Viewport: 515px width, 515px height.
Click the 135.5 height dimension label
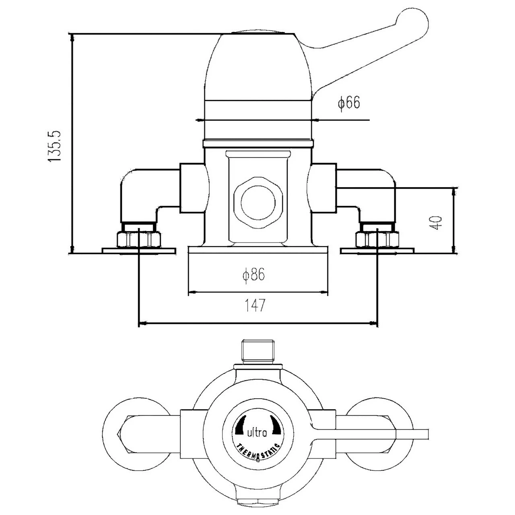click(x=54, y=146)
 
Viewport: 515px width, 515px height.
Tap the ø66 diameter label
click(x=348, y=103)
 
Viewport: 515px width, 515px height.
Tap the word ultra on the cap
click(x=256, y=433)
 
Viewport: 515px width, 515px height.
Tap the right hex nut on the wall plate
click(x=377, y=240)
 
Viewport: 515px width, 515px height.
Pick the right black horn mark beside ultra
click(x=275, y=425)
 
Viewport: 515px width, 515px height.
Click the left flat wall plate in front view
click(x=139, y=251)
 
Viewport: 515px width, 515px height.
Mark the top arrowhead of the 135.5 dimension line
click(x=72, y=37)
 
